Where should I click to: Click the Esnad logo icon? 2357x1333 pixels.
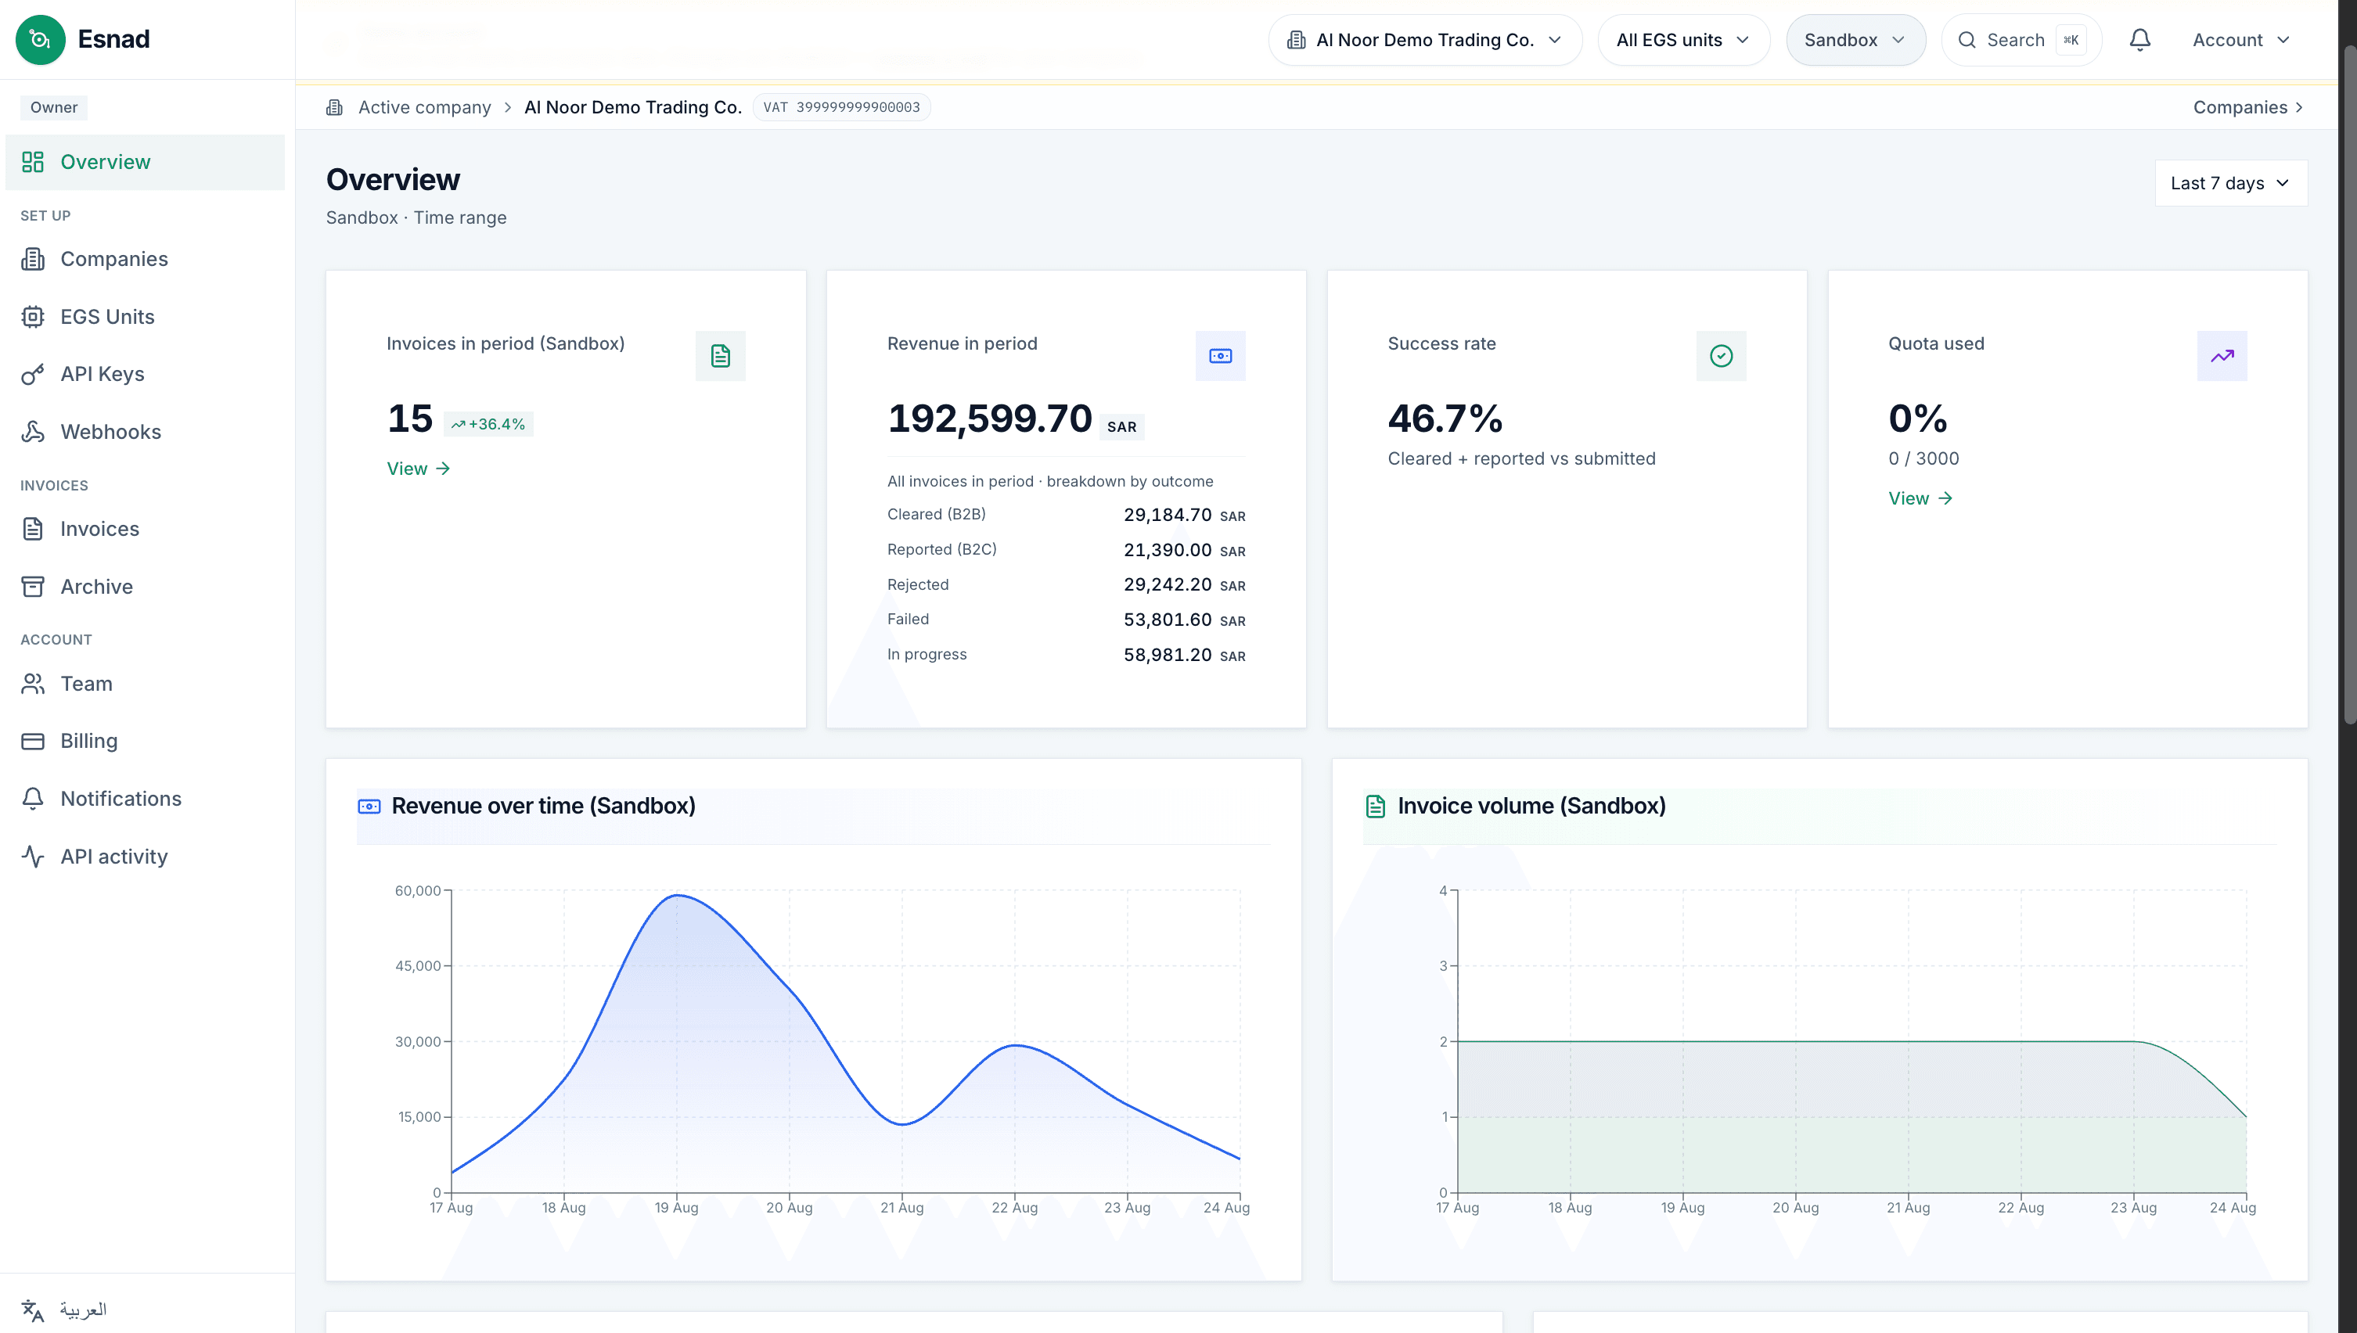tap(40, 39)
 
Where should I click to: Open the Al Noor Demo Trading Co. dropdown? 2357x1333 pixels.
tap(1425, 39)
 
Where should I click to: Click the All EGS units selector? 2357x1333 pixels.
tap(1683, 39)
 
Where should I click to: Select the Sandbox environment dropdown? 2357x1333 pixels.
tap(1855, 39)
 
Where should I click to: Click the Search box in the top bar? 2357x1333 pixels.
tap(2021, 39)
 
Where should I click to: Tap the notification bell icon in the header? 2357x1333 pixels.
tap(2140, 39)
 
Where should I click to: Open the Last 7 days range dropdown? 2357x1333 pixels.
tap(2231, 183)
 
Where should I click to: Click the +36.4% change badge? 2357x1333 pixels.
tap(488, 424)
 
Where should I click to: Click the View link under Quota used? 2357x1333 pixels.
tap(1920, 498)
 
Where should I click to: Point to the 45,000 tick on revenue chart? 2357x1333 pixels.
tap(419, 966)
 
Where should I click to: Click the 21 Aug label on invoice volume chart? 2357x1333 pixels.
tap(1909, 1208)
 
